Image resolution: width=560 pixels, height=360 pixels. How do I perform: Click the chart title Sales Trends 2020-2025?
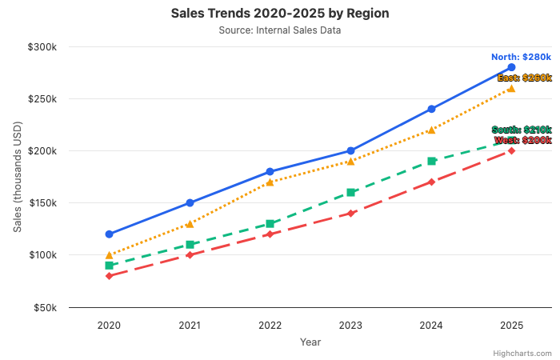pyautogui.click(x=279, y=14)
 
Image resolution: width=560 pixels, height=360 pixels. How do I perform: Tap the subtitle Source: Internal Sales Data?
pyautogui.click(x=279, y=30)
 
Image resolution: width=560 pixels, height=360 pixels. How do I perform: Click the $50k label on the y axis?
pyautogui.click(x=44, y=307)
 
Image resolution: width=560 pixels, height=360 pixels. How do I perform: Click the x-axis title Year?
pyautogui.click(x=310, y=342)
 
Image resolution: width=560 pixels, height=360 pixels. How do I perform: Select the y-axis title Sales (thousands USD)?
pyautogui.click(x=17, y=178)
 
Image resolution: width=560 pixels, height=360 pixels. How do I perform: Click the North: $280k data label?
pyautogui.click(x=521, y=57)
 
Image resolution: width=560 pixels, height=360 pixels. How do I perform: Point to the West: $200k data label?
pyautogui.click(x=522, y=140)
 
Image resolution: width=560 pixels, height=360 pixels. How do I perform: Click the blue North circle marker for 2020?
pyautogui.click(x=109, y=234)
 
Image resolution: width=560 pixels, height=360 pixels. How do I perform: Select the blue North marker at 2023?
pyautogui.click(x=350, y=151)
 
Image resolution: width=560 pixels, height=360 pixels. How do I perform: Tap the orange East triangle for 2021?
pyautogui.click(x=190, y=224)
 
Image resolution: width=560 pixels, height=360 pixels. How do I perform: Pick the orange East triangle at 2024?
pyautogui.click(x=431, y=130)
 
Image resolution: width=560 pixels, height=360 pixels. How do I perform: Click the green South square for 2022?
pyautogui.click(x=270, y=224)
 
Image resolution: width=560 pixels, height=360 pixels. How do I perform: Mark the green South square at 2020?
pyautogui.click(x=109, y=266)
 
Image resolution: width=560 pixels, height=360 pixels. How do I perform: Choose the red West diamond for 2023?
pyautogui.click(x=350, y=214)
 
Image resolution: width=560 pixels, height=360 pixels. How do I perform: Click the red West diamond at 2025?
pyautogui.click(x=511, y=150)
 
